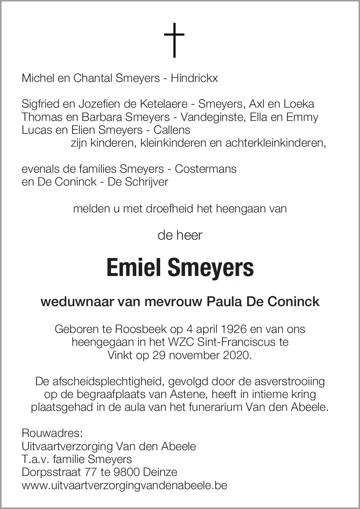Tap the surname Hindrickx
pyautogui.click(x=194, y=78)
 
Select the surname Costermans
pyautogui.click(x=206, y=169)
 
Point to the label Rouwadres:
pyautogui.click(x=47, y=433)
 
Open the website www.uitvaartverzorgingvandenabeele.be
pyautogui.click(x=125, y=485)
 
